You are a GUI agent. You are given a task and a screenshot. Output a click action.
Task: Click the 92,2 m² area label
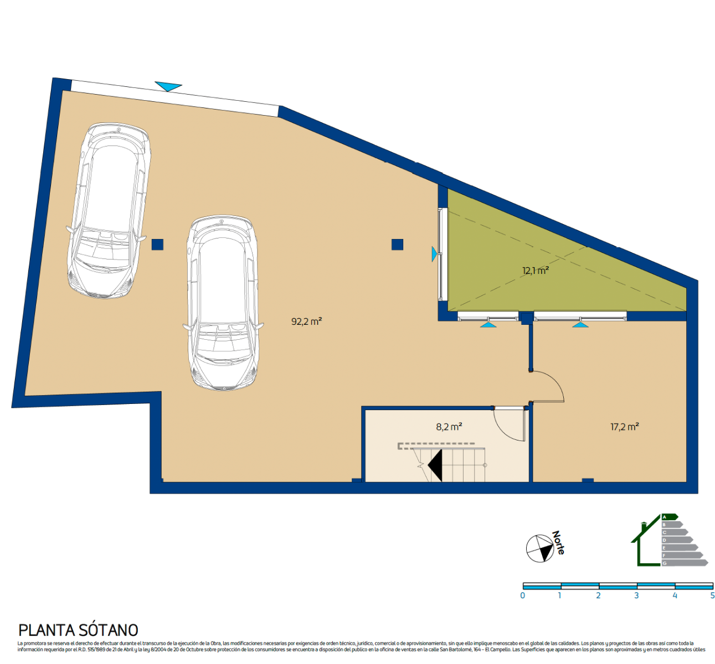point(306,321)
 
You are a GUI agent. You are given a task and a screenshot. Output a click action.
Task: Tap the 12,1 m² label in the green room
point(535,271)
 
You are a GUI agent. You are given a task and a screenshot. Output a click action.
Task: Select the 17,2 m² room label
point(624,427)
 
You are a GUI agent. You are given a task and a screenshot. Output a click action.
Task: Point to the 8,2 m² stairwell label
point(449,427)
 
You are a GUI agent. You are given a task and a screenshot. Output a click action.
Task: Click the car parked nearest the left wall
point(109,210)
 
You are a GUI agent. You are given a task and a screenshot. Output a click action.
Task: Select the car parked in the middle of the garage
point(223,303)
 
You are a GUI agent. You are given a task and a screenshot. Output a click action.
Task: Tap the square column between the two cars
point(157,244)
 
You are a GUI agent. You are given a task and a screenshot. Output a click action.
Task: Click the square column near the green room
point(397,244)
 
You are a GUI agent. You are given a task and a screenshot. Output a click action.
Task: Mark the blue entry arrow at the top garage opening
point(168,86)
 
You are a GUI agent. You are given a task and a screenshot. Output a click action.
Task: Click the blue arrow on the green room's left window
point(434,254)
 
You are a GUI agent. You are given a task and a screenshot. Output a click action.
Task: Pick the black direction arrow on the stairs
point(435,465)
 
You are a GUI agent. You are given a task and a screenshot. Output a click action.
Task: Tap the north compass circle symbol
point(539,548)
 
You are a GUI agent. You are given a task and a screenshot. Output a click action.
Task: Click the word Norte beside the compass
point(558,543)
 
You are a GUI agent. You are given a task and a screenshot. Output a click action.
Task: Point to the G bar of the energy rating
point(685,563)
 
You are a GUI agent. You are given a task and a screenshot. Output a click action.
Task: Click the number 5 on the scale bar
point(712,596)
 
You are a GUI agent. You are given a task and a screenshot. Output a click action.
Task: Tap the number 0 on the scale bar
point(523,596)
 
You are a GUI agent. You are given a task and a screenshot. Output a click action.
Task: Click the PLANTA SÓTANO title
point(78,630)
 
